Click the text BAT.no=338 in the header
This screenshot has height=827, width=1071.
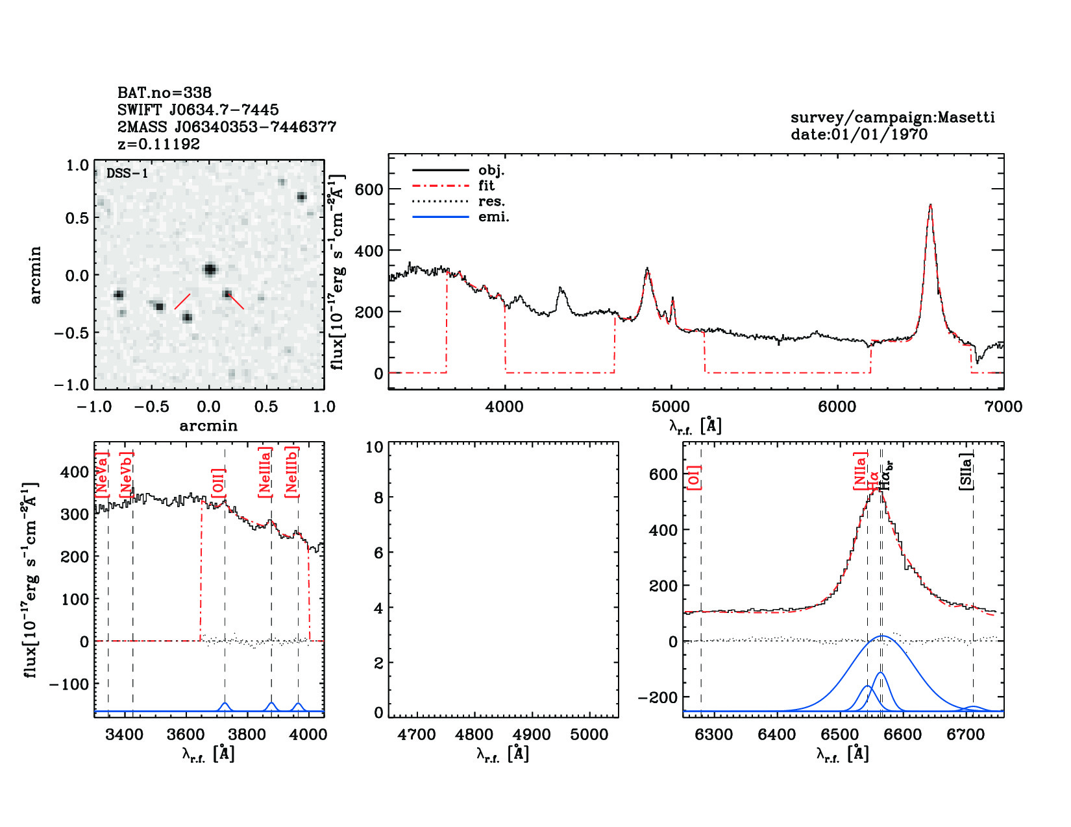[x=164, y=93]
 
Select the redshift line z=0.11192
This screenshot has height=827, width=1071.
[x=158, y=144]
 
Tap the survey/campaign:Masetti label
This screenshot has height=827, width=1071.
[x=892, y=117]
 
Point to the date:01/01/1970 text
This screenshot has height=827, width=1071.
[x=859, y=134]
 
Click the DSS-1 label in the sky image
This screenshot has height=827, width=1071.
[x=127, y=173]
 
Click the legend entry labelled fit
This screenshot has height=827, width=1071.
[x=486, y=186]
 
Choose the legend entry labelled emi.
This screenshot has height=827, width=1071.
[x=493, y=217]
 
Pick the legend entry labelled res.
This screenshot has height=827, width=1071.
[x=491, y=201]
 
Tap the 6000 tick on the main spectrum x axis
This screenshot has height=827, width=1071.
[x=837, y=407]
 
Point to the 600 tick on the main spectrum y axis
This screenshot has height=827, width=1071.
[x=369, y=189]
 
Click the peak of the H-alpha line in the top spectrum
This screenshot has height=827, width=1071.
[x=930, y=206]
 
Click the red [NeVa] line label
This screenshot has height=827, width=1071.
[x=102, y=475]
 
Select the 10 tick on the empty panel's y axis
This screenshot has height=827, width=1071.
[x=375, y=447]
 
